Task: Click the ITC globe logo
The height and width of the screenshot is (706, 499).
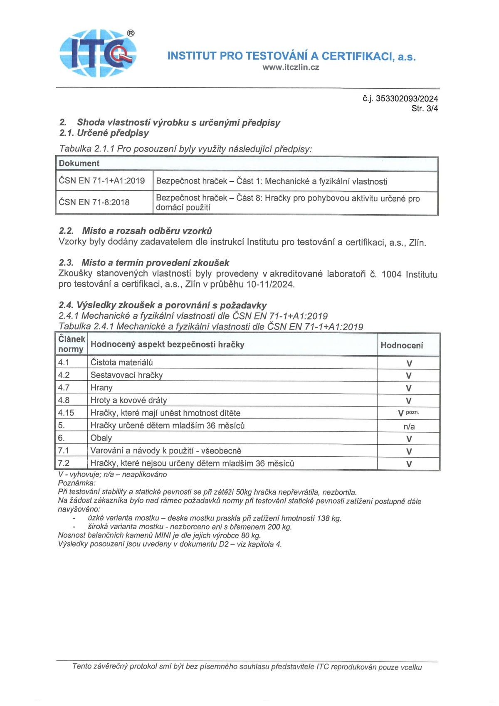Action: (x=98, y=53)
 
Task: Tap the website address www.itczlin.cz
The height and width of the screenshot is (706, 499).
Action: (x=291, y=67)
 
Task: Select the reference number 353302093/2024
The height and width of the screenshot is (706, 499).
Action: (x=407, y=99)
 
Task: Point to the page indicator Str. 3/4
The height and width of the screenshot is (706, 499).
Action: (x=425, y=109)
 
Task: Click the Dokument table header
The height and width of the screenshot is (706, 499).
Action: (x=79, y=163)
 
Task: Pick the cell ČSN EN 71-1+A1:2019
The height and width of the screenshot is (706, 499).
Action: (x=102, y=181)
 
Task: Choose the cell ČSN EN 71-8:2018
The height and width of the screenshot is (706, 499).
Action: (x=94, y=202)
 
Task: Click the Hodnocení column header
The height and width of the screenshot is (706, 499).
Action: (x=402, y=345)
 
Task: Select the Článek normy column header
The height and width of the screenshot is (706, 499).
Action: (x=72, y=344)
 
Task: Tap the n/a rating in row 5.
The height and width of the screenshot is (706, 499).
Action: (x=409, y=426)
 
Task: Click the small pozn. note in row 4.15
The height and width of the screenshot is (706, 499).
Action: (x=412, y=412)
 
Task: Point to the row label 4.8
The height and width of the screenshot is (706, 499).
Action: (x=64, y=400)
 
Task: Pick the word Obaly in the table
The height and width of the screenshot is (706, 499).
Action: (x=101, y=438)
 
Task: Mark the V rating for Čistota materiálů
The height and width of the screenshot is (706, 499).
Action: (x=409, y=363)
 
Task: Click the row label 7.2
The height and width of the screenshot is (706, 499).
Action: (x=64, y=463)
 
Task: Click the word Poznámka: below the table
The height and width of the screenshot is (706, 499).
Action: (x=77, y=483)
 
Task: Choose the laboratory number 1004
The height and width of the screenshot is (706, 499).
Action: (x=391, y=274)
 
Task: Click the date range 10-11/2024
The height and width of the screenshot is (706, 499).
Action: (x=270, y=285)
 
